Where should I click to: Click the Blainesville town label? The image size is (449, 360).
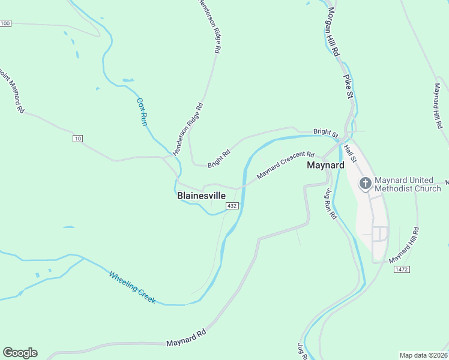pyautogui.click(x=202, y=196)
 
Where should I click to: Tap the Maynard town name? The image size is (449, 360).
pyautogui.click(x=325, y=165)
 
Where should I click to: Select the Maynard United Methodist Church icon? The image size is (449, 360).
pyautogui.click(x=365, y=184)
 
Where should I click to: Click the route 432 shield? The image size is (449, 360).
pyautogui.click(x=233, y=206)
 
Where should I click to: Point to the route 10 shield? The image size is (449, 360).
pyautogui.click(x=77, y=139)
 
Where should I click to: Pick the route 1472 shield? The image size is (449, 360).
pyautogui.click(x=402, y=269)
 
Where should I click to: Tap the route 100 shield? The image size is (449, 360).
pyautogui.click(x=5, y=23)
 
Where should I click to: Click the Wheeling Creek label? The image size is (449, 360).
pyautogui.click(x=132, y=288)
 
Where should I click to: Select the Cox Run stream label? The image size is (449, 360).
pyautogui.click(x=142, y=111)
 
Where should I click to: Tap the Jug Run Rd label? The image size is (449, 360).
pyautogui.click(x=330, y=204)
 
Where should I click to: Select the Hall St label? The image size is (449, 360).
pyautogui.click(x=351, y=149)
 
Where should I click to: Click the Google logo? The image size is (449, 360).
pyautogui.click(x=20, y=353)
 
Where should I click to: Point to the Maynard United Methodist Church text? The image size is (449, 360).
pyautogui.click(x=408, y=184)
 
